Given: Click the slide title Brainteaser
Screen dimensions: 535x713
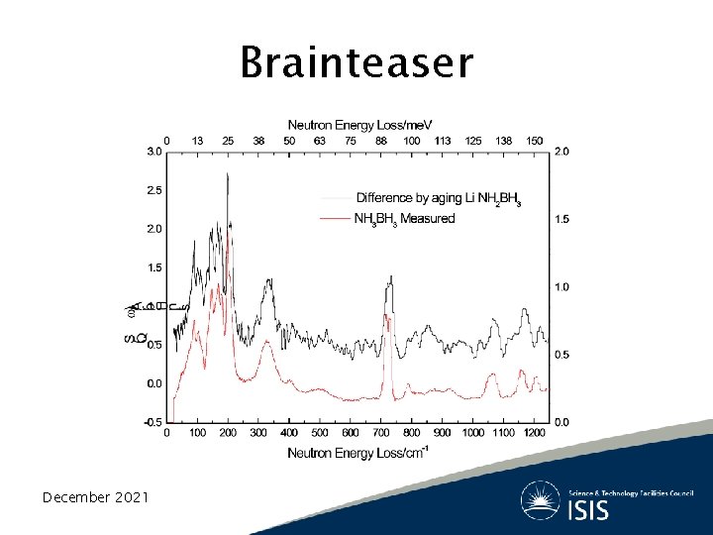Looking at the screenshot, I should click(356, 62).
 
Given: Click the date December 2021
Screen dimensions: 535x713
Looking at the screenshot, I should click(95, 496).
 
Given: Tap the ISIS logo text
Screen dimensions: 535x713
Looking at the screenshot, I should click(589, 510).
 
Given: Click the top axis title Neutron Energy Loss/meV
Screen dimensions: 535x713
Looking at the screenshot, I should click(360, 125).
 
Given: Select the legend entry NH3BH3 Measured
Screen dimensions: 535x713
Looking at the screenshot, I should click(403, 218).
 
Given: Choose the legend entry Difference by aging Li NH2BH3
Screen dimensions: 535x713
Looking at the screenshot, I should click(437, 199).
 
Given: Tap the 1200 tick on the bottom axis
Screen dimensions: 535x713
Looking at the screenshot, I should click(533, 433).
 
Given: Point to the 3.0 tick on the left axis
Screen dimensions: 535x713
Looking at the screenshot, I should click(154, 152).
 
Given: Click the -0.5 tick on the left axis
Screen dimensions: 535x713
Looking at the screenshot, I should click(153, 422).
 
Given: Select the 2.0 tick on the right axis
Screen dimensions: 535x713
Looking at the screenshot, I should click(561, 152).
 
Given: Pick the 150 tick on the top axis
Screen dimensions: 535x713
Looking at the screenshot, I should click(534, 141).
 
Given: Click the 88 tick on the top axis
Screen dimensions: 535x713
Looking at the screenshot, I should click(381, 141).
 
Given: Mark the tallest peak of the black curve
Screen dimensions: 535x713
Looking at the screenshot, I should click(228, 174).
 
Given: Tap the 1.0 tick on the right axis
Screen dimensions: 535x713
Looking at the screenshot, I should click(561, 287).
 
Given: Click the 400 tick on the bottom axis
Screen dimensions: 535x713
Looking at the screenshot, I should click(289, 433).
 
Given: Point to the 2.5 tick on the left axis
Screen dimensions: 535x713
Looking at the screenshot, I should click(154, 189).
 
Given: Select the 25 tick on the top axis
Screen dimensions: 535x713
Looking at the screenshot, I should click(228, 141).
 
